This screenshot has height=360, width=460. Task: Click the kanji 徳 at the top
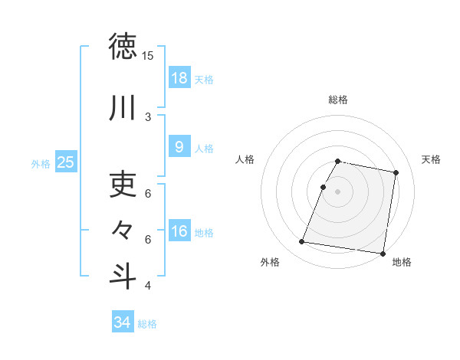tap(123, 47)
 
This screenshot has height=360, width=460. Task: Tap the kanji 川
tap(123, 108)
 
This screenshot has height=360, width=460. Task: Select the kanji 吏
tap(123, 185)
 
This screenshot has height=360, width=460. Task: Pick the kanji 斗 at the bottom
tap(123, 277)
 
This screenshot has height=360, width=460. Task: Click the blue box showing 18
tap(179, 78)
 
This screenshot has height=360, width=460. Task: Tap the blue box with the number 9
tap(179, 147)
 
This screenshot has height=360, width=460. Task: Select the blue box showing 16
tap(179, 231)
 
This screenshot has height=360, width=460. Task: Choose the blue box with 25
tap(65, 162)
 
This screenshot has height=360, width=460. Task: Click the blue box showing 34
tap(122, 322)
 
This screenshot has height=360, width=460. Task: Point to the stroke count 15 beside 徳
tap(147, 56)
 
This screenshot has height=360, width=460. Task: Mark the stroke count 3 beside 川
tap(148, 117)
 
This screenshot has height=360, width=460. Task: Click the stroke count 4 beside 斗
tap(148, 286)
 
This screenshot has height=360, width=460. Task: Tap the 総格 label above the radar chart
tap(337, 100)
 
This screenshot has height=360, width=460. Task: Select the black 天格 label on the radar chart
tap(431, 159)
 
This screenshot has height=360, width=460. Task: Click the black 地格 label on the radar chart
tap(402, 262)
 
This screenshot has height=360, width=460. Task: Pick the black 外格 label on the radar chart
tap(270, 262)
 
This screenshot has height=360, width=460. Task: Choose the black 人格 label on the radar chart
tap(245, 159)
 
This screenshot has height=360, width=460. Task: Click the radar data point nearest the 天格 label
tap(396, 173)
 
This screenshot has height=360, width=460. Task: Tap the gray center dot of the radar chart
tap(337, 192)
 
